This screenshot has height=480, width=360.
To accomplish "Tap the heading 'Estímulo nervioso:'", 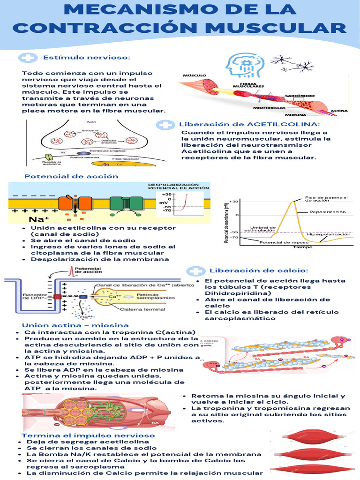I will (x=86, y=57).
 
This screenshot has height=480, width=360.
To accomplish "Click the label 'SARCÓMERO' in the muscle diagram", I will (x=296, y=95).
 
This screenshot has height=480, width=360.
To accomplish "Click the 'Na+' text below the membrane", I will (x=37, y=219).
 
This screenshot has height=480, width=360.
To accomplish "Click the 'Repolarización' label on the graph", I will (x=327, y=212).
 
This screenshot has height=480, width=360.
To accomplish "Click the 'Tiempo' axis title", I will (x=303, y=247).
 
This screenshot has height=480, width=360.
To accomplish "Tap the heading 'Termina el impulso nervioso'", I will (x=89, y=435).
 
